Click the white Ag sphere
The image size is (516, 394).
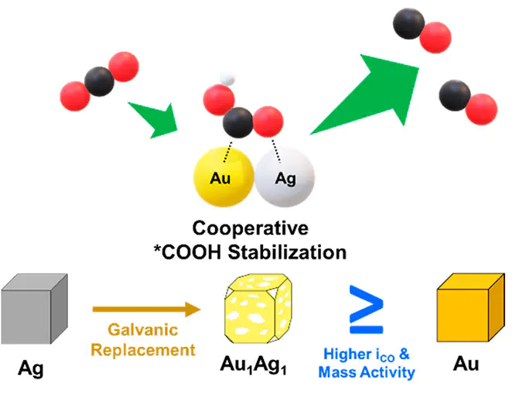pyautogui.click(x=286, y=179)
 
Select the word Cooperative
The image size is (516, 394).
pyautogui.click(x=252, y=230)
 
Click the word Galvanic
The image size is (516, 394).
pyautogui.click(x=143, y=330)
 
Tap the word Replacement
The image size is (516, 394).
pyautogui.click(x=143, y=349)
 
